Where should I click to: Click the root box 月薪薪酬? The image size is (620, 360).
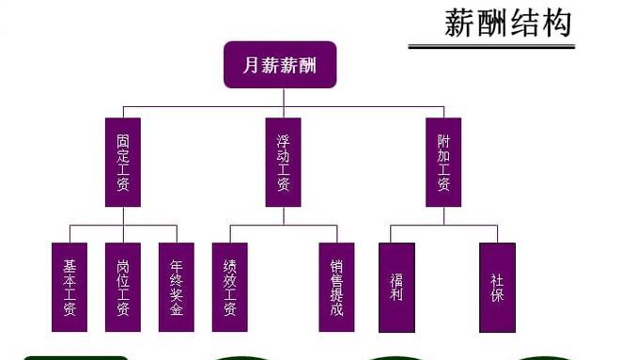280,65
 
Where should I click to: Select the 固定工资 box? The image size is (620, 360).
122,163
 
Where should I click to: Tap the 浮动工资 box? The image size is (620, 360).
283,163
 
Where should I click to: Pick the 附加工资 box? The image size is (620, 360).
443,163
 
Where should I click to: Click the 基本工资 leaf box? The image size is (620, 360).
70,288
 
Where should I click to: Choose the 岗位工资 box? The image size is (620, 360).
122,288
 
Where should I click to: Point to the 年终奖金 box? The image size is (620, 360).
177,288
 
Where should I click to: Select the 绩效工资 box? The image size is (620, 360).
229,288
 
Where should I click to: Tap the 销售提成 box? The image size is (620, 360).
336,288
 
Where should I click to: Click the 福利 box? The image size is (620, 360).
396,288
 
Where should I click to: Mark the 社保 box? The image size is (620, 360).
497,288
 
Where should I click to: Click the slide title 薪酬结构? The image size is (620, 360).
507,23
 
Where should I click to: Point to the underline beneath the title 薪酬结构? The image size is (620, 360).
490,45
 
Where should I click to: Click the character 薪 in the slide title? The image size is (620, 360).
459,23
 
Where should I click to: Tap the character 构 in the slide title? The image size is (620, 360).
556,23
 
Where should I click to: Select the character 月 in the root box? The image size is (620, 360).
250,65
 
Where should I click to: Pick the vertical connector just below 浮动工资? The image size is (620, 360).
283,216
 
